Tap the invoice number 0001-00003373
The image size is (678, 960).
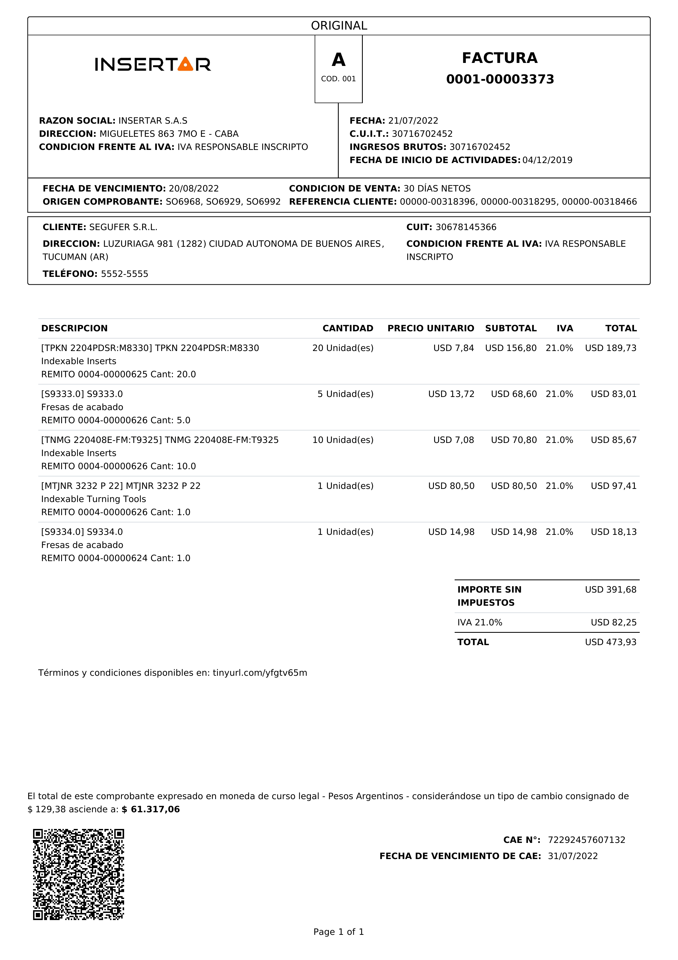[500, 79]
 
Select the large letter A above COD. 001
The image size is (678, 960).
[338, 60]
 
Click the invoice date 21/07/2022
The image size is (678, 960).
[413, 121]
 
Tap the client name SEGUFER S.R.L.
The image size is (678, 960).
[123, 227]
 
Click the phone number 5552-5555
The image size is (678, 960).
[124, 274]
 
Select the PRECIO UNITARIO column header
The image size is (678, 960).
[430, 328]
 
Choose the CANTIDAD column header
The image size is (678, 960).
[347, 328]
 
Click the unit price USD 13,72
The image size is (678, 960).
[451, 394]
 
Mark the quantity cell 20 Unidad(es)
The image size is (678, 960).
[343, 348]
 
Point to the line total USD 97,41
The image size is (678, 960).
[613, 486]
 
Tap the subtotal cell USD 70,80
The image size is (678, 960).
[513, 440]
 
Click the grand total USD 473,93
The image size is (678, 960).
[610, 642]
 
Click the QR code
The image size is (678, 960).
[78, 874]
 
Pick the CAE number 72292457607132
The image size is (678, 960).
[586, 840]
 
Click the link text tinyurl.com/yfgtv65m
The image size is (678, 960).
[260, 673]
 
